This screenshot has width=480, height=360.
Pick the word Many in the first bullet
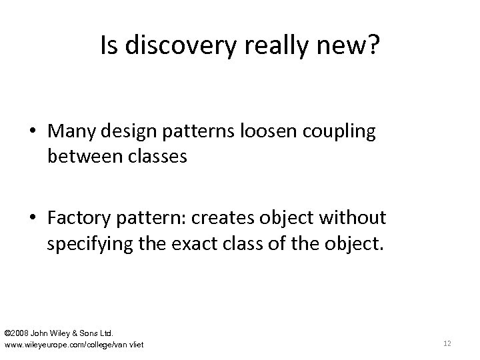(x=69, y=132)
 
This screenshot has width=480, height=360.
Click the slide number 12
(x=447, y=343)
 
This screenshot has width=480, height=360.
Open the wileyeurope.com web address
(x=74, y=344)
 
